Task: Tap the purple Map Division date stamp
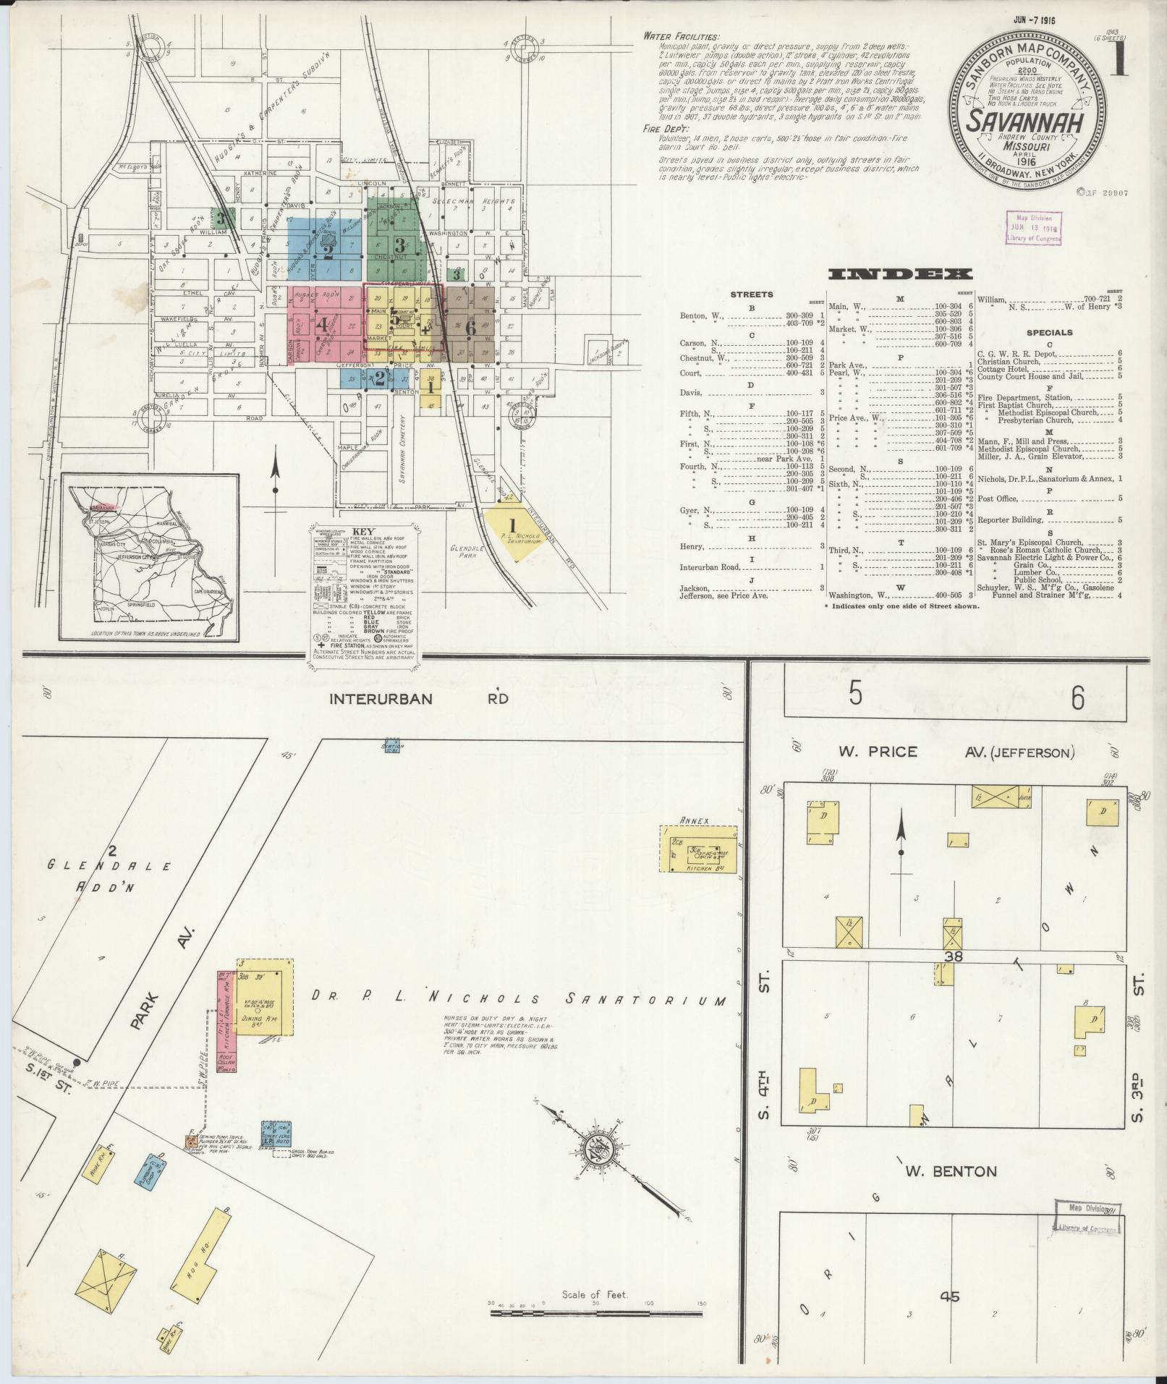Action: (x=1032, y=227)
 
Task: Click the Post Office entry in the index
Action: (x=997, y=498)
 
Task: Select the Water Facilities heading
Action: (x=680, y=37)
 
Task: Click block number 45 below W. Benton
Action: (x=949, y=1297)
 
